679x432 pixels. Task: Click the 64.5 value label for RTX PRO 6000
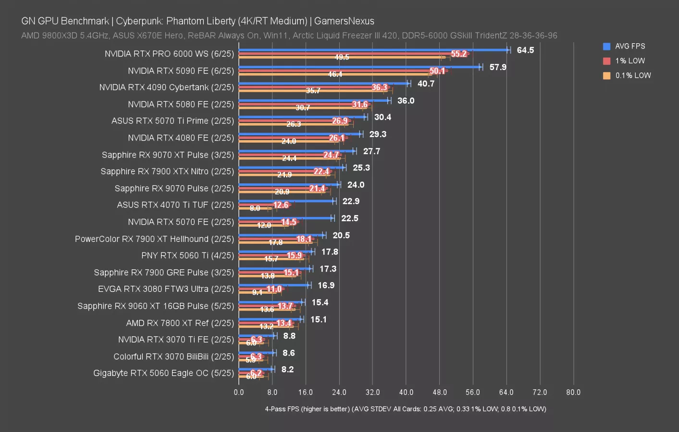pos(525,50)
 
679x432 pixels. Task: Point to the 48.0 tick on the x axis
pos(439,392)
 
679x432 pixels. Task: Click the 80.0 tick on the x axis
pos(573,392)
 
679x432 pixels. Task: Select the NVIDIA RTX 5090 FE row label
pos(181,71)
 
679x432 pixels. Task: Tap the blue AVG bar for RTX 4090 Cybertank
pos(322,84)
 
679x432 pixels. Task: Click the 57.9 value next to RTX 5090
pos(498,67)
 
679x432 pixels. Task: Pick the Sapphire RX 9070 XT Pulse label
pos(168,155)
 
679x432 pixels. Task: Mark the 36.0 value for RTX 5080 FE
pos(406,101)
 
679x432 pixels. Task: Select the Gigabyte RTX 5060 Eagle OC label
pos(163,373)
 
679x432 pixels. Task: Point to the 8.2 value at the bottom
pos(287,370)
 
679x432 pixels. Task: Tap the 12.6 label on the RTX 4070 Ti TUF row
pos(281,205)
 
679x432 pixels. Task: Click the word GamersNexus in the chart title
pos(344,21)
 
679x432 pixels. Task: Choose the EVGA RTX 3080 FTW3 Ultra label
pos(166,289)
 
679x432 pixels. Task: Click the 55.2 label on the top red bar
pos(459,54)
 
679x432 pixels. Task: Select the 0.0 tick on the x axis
pos(239,392)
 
